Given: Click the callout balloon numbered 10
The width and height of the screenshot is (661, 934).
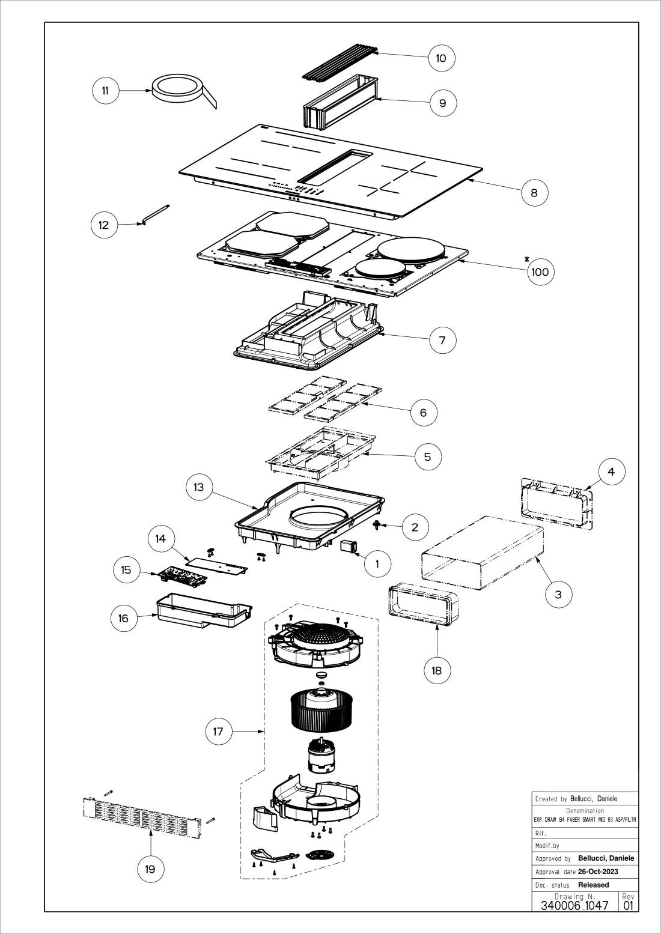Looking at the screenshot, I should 442,58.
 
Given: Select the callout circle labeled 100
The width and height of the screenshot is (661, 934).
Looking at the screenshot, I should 540,271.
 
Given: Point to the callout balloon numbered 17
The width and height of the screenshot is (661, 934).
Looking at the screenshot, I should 218,731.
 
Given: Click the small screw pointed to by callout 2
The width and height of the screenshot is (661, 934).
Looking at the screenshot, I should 376,526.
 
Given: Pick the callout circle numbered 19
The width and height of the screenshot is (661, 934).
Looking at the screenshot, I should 150,869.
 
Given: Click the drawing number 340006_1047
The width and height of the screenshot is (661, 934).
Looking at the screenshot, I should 574,905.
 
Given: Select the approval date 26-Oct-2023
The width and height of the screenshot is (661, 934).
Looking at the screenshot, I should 598,872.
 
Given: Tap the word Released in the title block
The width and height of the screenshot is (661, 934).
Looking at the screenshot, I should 593,885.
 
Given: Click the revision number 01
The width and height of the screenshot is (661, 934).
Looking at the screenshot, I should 629,905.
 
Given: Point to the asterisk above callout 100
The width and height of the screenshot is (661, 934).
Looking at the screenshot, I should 527,259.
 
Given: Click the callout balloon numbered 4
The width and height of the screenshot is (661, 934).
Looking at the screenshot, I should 611,472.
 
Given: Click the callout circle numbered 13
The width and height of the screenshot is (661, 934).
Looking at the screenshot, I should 199,487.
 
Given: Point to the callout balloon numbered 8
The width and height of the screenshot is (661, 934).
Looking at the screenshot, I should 534,192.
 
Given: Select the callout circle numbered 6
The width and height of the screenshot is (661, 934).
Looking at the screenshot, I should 424,413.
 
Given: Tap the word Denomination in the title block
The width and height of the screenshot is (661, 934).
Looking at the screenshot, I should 585,811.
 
